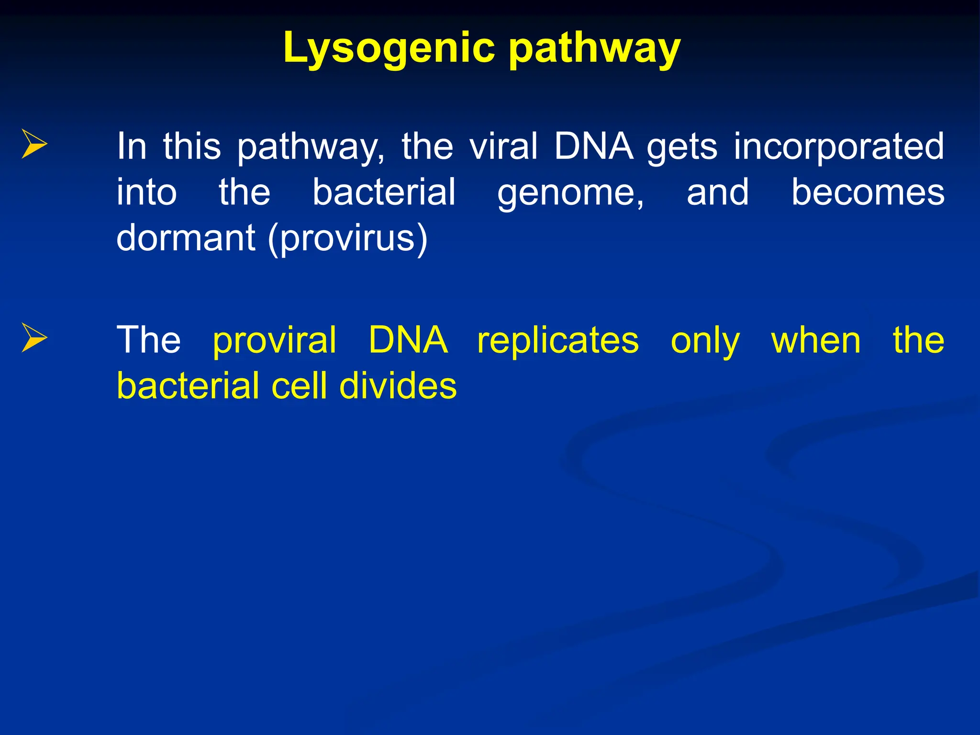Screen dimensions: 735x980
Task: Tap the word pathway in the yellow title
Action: point(594,48)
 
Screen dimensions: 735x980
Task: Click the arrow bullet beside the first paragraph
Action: point(34,144)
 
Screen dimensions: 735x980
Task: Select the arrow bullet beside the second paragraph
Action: point(34,337)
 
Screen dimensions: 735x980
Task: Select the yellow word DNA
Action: point(408,340)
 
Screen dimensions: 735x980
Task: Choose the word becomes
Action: point(868,192)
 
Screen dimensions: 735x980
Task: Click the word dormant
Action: point(186,238)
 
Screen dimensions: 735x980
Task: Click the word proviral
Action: point(275,340)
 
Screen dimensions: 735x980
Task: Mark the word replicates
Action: point(558,340)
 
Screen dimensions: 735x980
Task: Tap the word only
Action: point(705,341)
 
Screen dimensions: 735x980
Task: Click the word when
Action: point(816,340)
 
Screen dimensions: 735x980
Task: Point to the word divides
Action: point(398,386)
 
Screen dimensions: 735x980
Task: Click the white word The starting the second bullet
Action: point(149,340)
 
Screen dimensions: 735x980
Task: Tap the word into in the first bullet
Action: point(147,192)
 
